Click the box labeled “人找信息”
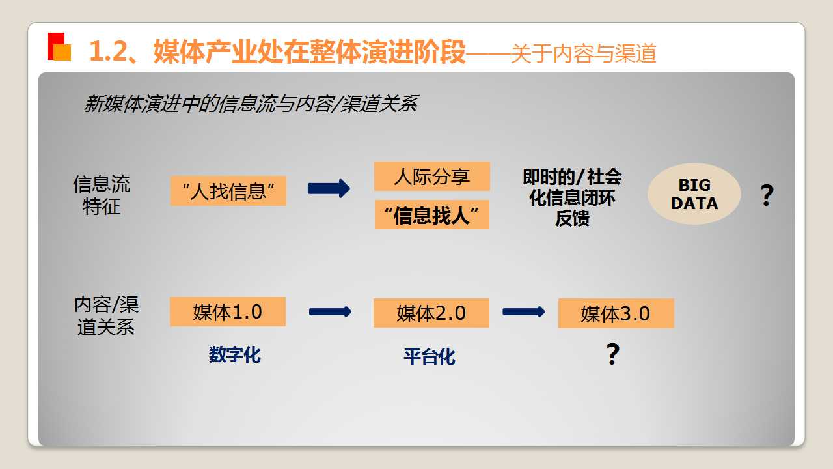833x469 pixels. pos(228,191)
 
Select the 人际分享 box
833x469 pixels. pos(431,177)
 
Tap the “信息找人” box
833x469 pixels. pos(431,215)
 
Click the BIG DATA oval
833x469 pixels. pos(694,194)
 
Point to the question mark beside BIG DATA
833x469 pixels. pos(767,195)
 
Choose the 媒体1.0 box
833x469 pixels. pos(228,312)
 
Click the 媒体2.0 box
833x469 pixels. pos(431,313)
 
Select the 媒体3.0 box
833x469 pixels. pos(616,313)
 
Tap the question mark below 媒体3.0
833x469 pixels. pos(613,354)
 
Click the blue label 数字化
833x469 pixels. pos(235,354)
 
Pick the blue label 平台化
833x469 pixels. pos(430,356)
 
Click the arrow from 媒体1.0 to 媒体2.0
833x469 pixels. pos(330,312)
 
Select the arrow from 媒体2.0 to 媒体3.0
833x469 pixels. pos(524,312)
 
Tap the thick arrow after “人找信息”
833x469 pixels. pos(329,189)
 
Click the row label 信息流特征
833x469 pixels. pos(102,195)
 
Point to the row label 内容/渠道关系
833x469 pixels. pos(106,316)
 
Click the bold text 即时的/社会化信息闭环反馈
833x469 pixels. pos(572,197)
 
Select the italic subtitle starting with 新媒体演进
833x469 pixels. pos(251,104)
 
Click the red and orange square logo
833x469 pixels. pos(59,46)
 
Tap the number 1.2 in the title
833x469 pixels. pos(109,51)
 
